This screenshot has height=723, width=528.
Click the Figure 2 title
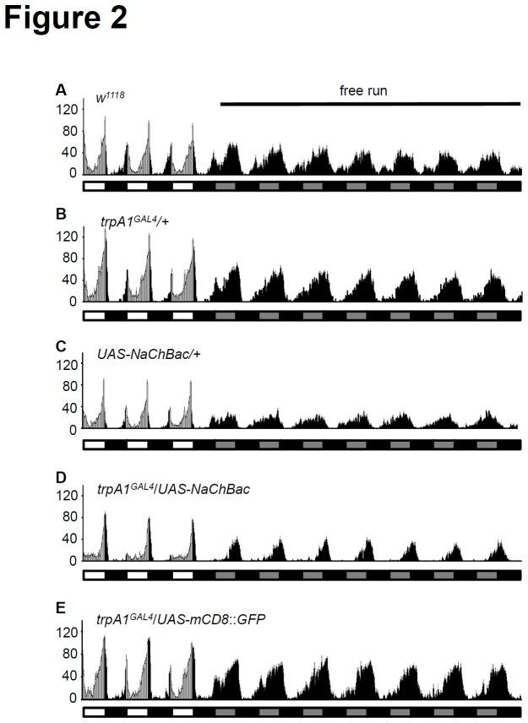click(x=66, y=19)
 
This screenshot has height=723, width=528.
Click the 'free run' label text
click(x=363, y=90)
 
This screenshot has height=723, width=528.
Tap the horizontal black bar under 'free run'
click(x=370, y=104)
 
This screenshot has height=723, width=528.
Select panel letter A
click(x=60, y=90)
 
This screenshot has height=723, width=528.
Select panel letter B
click(x=60, y=213)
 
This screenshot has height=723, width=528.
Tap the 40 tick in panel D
click(x=70, y=539)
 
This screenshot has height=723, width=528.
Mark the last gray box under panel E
click(x=487, y=712)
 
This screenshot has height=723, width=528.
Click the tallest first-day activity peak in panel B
click(x=106, y=232)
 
